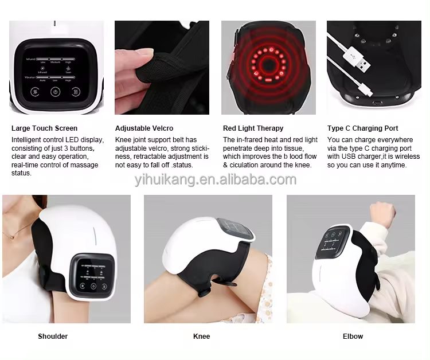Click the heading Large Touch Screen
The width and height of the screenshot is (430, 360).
(44, 128)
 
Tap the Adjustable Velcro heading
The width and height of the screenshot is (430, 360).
(144, 128)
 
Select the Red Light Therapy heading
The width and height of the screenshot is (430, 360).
(253, 128)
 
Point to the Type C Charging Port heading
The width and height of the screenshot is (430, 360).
(362, 128)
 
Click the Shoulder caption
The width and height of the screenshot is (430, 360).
(53, 336)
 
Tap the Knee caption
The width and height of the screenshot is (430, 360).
(201, 336)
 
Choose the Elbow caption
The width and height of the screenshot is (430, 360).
(353, 336)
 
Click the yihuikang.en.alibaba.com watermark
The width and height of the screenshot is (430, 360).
(215, 179)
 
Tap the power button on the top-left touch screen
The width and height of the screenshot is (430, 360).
(56, 91)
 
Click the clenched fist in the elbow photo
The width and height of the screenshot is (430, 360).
(384, 213)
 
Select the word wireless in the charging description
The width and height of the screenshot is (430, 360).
(407, 156)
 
